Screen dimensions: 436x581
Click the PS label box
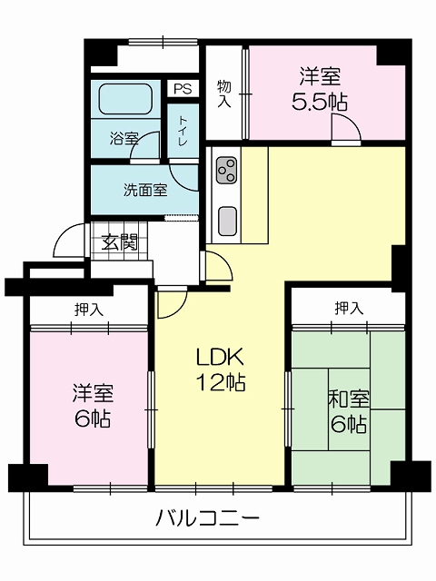pyautogui.click(x=183, y=89)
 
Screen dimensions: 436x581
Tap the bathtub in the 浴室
pyautogui.click(x=125, y=99)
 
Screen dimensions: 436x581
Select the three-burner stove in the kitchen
pyautogui.click(x=226, y=171)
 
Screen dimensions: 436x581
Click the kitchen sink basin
pyautogui.click(x=227, y=222)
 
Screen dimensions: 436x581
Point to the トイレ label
pyautogui.click(x=183, y=131)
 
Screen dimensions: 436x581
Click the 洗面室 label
pyautogui.click(x=145, y=190)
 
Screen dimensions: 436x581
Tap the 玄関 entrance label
pyautogui.click(x=120, y=242)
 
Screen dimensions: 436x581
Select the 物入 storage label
pyautogui.click(x=224, y=94)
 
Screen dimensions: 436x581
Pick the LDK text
pyautogui.click(x=220, y=357)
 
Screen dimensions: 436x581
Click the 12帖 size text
pyautogui.click(x=221, y=382)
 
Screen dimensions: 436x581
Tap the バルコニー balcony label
pyautogui.click(x=207, y=518)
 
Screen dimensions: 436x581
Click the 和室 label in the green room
pyautogui.click(x=349, y=399)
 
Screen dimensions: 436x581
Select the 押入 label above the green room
pyautogui.click(x=349, y=308)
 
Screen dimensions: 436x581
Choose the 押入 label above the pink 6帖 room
pyautogui.click(x=89, y=310)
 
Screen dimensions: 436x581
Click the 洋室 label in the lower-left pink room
pyautogui.click(x=93, y=393)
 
